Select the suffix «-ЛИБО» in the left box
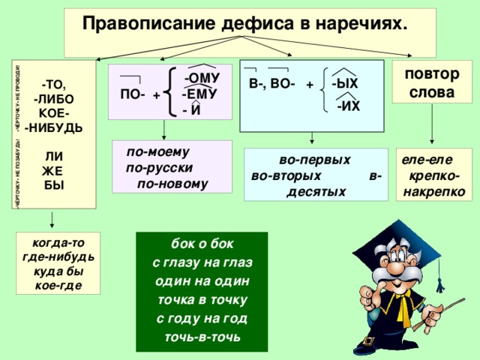[x=54, y=98]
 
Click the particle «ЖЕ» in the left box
[x=49, y=170]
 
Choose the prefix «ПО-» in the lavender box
[x=133, y=95]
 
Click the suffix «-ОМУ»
[x=202, y=79]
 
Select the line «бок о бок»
[x=202, y=245]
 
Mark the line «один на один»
[x=202, y=281]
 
